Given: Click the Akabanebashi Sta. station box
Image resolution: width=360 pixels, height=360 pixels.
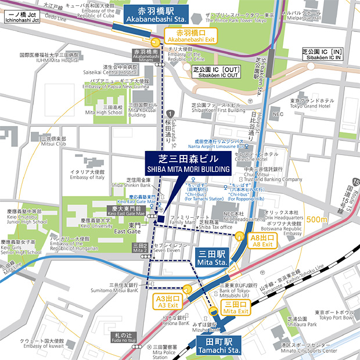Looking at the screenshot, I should (150, 15).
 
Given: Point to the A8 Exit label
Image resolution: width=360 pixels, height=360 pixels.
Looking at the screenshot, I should (262, 240).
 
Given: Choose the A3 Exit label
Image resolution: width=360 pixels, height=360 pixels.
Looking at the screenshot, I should (168, 300).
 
